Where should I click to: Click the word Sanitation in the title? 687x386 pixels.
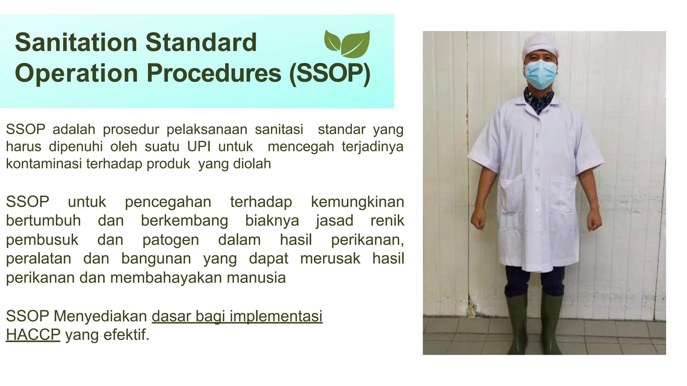point(76,43)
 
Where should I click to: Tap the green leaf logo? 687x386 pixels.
point(347,44)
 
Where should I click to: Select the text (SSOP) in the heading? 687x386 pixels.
point(330,73)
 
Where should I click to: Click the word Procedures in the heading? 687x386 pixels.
point(214,73)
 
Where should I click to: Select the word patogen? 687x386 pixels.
point(170,240)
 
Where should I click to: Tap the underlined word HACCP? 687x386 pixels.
point(33,335)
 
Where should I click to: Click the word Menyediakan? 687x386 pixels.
point(100,316)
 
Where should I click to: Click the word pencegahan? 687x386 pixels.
point(168,202)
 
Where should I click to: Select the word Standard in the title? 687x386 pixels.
point(201,43)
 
